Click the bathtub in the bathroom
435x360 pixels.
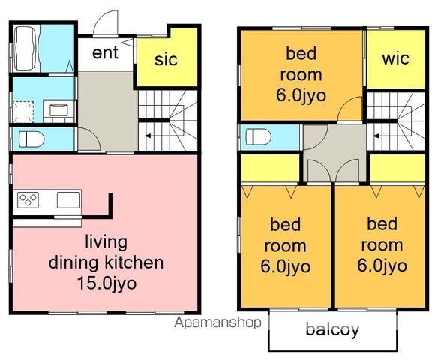[26, 49]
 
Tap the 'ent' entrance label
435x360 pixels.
[105, 52]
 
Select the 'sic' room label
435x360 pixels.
[166, 59]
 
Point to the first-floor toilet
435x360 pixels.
[31, 139]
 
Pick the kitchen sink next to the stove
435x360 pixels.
[68, 200]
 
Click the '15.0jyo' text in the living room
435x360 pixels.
[106, 283]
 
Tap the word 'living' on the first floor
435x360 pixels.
[106, 241]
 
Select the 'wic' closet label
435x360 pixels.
[395, 58]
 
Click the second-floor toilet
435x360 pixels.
[259, 137]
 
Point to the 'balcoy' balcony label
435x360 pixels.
[332, 330]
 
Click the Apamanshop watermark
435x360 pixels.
[217, 322]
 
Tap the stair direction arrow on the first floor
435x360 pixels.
[148, 136]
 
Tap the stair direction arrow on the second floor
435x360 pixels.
[376, 136]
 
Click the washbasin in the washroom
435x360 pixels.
[58, 109]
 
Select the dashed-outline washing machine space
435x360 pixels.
[23, 112]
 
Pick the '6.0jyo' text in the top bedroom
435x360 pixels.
[301, 95]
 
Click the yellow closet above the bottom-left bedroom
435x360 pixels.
[270, 168]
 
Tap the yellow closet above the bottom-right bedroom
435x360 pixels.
[397, 168]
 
